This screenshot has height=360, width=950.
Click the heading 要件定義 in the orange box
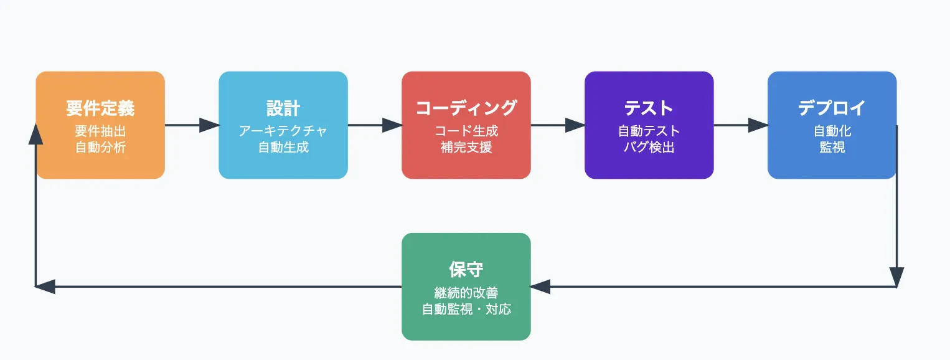tap(100, 108)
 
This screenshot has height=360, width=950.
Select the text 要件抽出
tap(100, 131)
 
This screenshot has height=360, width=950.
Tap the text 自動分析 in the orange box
tap(100, 147)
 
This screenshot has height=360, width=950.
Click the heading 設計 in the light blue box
tap(283, 108)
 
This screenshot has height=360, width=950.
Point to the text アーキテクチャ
tap(283, 131)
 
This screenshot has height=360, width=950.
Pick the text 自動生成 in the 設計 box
tap(283, 147)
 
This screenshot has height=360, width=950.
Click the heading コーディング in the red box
tap(466, 108)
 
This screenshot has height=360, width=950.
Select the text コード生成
tap(466, 131)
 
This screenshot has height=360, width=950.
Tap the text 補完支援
tap(466, 147)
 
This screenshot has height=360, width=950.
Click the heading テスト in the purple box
tap(649, 108)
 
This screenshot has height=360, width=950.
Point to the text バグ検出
tap(649, 147)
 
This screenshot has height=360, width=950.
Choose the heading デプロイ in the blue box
tap(832, 108)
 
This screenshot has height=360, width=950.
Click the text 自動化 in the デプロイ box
tap(832, 131)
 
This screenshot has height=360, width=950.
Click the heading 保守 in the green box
tap(466, 269)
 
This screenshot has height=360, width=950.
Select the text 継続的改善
tap(466, 293)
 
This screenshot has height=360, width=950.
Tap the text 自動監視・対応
tap(466, 309)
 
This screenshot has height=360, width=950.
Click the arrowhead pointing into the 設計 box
tap(209, 125)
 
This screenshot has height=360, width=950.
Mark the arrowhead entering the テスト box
tap(575, 125)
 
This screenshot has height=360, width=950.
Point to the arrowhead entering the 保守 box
tap(540, 287)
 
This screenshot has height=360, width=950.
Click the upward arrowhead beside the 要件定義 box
tap(35, 134)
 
